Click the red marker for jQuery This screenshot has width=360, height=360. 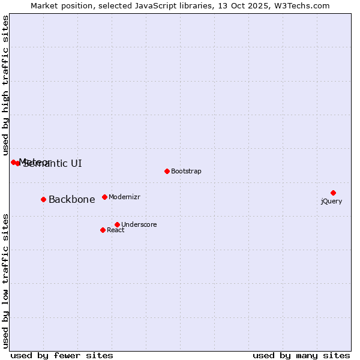click(x=333, y=193)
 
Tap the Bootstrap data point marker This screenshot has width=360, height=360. click(x=167, y=171)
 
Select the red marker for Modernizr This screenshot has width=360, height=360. click(x=104, y=197)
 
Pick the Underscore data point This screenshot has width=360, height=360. click(x=117, y=224)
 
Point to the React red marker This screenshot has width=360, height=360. click(x=103, y=230)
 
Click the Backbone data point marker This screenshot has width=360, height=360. click(x=43, y=199)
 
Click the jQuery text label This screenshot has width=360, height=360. click(x=331, y=201)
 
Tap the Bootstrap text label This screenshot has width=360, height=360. click(x=186, y=171)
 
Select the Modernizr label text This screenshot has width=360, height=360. click(x=124, y=197)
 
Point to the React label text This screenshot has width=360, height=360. click(x=115, y=230)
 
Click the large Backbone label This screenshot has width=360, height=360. click(x=71, y=200)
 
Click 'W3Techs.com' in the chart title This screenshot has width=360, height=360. click(x=301, y=5)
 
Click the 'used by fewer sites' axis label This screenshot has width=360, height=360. click(x=62, y=355)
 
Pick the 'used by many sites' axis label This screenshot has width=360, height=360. click(x=301, y=355)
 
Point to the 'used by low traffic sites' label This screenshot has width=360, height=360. click(x=5, y=280)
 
